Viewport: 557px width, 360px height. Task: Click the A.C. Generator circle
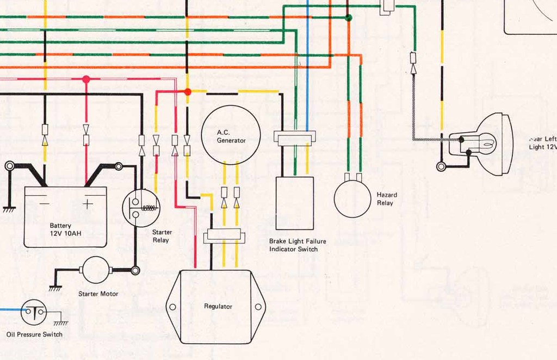[231, 135]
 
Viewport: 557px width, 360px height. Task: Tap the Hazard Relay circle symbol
[352, 198]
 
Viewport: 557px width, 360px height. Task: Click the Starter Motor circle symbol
[96, 270]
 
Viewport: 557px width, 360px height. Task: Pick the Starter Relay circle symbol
[141, 207]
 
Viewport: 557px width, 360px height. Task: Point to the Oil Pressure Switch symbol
[34, 312]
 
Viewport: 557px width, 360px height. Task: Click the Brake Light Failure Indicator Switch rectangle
[294, 203]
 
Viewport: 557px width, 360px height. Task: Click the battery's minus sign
[44, 203]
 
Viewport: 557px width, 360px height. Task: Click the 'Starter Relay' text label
[161, 236]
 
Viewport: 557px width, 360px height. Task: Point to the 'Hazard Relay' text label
[387, 198]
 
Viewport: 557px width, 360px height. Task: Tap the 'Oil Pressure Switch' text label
[34, 334]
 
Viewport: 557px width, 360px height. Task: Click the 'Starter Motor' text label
[98, 294]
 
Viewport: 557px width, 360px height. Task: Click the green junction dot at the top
[348, 18]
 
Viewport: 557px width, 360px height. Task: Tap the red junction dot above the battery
[85, 79]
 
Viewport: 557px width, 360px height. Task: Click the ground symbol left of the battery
[8, 209]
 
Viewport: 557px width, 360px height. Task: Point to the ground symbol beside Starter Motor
[55, 287]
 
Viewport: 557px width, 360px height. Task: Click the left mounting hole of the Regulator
[172, 307]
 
